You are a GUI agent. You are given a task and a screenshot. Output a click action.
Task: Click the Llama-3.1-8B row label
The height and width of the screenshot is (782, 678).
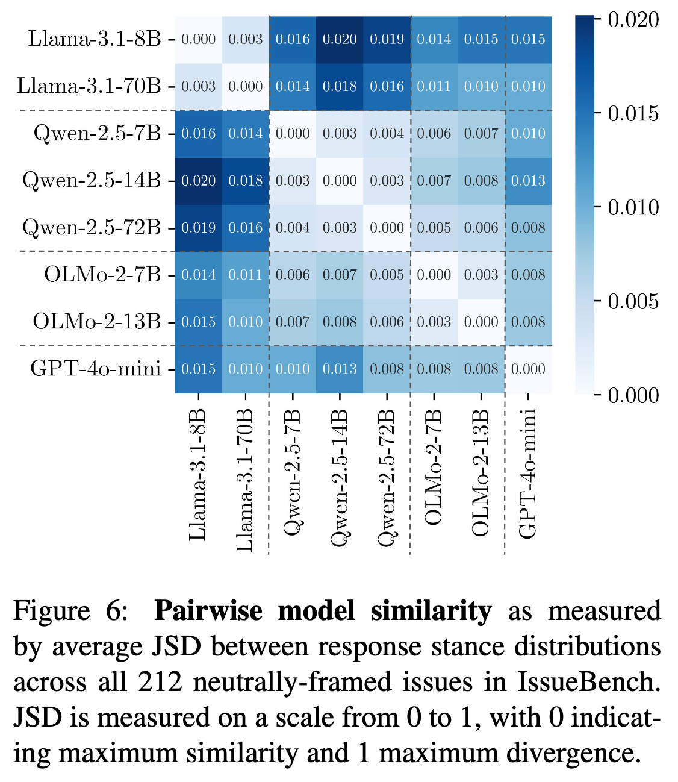click(x=95, y=39)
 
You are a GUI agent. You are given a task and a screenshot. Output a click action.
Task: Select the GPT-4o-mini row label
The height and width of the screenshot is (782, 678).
click(x=95, y=369)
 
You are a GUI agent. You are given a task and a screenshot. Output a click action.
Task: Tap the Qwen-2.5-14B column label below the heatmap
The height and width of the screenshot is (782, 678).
click(x=340, y=477)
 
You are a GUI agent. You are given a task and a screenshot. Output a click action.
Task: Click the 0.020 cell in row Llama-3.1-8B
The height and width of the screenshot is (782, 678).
click(x=340, y=39)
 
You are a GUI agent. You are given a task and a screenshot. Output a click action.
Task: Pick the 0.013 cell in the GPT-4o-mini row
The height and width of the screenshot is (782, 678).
click(x=340, y=369)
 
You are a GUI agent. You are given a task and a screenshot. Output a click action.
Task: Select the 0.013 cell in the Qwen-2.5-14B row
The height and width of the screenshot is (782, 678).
click(x=528, y=180)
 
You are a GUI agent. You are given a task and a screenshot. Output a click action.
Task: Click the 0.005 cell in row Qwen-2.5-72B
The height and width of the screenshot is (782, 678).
click(x=434, y=228)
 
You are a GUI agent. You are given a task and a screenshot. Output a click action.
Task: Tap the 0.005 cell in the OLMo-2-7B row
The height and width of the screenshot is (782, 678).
click(x=387, y=275)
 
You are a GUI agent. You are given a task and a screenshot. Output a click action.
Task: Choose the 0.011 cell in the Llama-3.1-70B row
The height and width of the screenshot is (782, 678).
click(x=434, y=86)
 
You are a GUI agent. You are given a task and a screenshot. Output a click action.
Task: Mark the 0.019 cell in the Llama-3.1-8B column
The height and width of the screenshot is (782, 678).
click(x=198, y=228)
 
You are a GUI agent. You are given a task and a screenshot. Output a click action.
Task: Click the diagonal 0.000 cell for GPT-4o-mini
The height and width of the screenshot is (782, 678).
click(x=528, y=369)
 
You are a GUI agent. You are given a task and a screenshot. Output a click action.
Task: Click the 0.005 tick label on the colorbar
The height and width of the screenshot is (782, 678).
click(x=633, y=301)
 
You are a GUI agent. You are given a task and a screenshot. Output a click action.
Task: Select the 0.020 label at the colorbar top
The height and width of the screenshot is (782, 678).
click(x=633, y=20)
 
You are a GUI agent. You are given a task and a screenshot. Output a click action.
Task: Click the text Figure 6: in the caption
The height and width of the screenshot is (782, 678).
click(x=71, y=611)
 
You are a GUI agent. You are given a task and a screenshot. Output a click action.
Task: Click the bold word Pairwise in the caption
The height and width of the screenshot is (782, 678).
click(x=208, y=611)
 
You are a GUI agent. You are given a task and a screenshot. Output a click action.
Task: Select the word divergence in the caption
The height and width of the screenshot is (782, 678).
click(x=572, y=753)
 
